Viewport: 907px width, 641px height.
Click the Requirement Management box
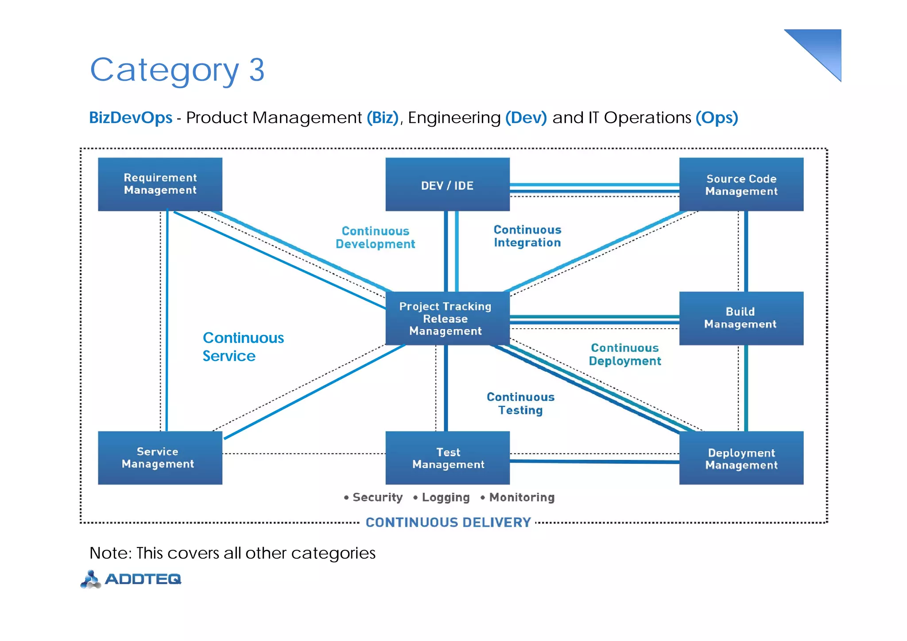click(x=160, y=184)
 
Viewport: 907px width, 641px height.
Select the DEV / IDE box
click(x=447, y=185)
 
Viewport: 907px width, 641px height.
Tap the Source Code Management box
click(x=741, y=185)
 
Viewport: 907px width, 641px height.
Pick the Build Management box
click(x=741, y=318)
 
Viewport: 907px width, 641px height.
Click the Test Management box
click(x=447, y=458)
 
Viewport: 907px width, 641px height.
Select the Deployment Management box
click(x=741, y=458)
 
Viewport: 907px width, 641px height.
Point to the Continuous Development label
click(x=375, y=237)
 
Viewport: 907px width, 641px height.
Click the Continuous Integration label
click(x=527, y=236)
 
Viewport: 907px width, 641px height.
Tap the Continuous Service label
click(x=243, y=347)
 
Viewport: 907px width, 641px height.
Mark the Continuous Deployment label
click(x=624, y=354)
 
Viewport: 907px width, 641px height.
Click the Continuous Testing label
click(x=520, y=404)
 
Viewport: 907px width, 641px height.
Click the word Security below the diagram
click(x=377, y=497)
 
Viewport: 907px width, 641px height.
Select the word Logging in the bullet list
click(x=446, y=497)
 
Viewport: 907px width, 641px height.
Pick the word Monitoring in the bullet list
click(x=522, y=497)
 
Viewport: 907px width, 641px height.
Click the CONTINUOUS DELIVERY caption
click(x=448, y=522)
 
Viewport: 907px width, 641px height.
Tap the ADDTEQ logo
click(x=131, y=579)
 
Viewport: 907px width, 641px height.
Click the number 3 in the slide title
click(x=256, y=70)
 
